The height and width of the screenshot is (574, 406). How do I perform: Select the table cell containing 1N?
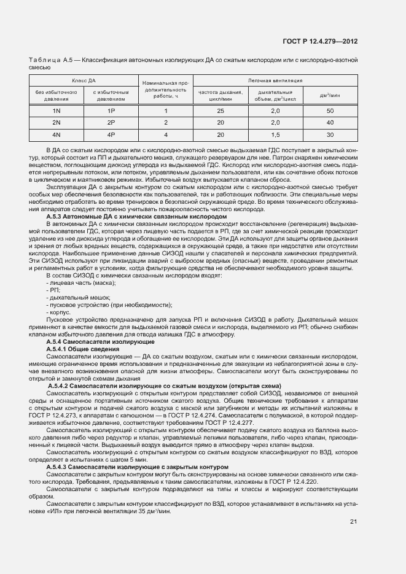(56, 111)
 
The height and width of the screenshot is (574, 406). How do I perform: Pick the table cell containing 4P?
(111, 134)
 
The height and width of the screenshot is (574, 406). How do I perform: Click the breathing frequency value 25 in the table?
(220, 111)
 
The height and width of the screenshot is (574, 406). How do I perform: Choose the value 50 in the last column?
(330, 111)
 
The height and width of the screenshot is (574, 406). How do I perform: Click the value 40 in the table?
(330, 122)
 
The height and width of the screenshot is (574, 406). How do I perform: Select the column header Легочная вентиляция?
(275, 80)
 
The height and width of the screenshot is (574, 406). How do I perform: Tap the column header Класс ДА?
(84, 80)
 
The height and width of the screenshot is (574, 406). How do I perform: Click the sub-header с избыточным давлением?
(111, 95)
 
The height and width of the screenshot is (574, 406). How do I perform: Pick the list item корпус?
(60, 312)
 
